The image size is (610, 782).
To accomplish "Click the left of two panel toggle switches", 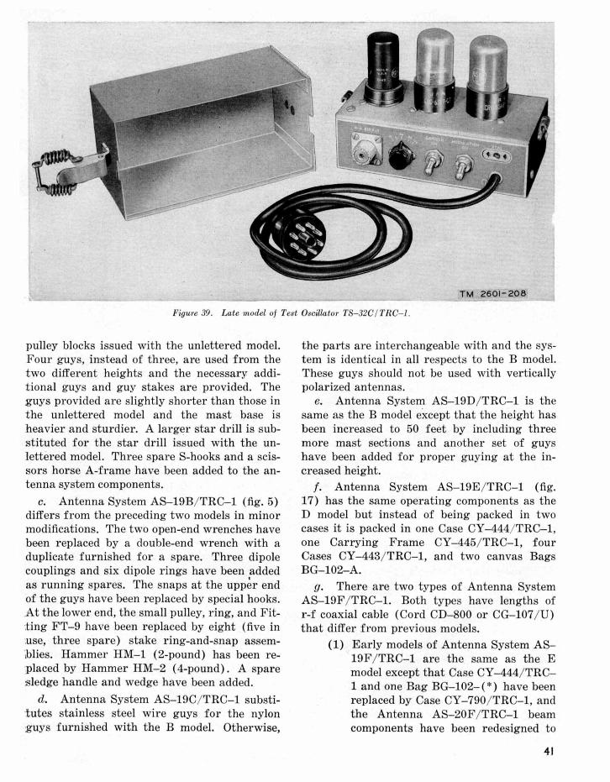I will [x=435, y=159].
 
